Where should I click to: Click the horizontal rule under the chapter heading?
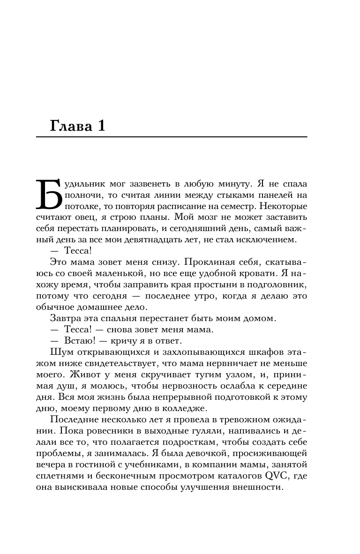[171, 136]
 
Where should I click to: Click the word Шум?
[59, 352]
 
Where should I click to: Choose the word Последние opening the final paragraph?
[72, 419]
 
